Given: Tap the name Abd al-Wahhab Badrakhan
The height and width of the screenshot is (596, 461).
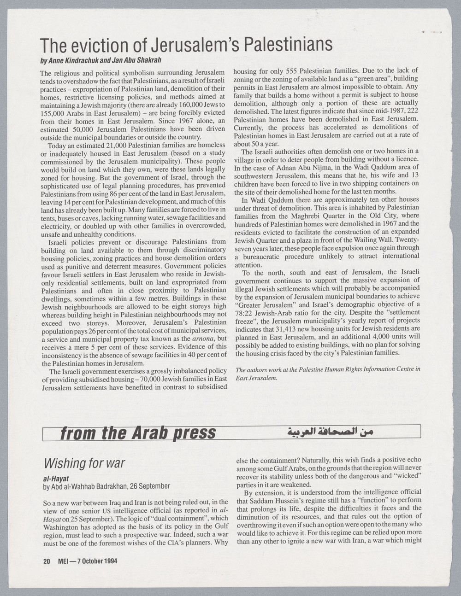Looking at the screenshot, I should point(93,486).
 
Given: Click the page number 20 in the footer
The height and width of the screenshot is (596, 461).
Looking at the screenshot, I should point(47,561).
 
